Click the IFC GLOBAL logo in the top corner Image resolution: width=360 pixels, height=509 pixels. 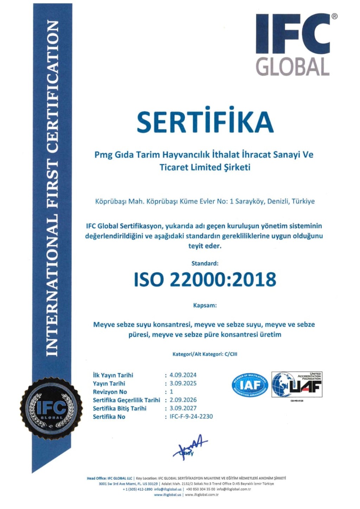[x=293, y=45]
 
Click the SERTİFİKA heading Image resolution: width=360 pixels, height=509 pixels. [x=205, y=121]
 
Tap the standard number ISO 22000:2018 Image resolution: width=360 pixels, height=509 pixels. [x=205, y=280]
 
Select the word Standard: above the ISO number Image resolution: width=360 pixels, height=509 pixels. [x=205, y=263]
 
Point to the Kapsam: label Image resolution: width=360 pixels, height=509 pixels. [x=205, y=305]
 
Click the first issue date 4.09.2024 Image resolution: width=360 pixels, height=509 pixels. [x=183, y=375]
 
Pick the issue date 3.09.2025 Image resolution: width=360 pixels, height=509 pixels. [x=183, y=383]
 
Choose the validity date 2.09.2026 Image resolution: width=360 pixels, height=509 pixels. [x=183, y=400]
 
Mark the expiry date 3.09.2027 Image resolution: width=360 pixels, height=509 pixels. [x=183, y=408]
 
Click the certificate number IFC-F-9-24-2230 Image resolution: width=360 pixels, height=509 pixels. [x=191, y=416]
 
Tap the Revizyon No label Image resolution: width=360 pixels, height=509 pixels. [x=110, y=392]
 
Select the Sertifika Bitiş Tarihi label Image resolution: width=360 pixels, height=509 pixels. [x=120, y=408]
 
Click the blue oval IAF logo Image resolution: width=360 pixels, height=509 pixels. [x=250, y=385]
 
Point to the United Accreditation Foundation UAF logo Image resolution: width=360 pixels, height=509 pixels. [x=297, y=385]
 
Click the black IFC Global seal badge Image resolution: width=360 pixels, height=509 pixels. [x=51, y=409]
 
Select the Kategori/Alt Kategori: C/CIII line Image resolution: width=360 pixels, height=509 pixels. [x=205, y=354]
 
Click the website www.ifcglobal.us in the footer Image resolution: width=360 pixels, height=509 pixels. [x=167, y=495]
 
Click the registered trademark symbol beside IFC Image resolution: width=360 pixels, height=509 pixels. [x=334, y=16]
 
